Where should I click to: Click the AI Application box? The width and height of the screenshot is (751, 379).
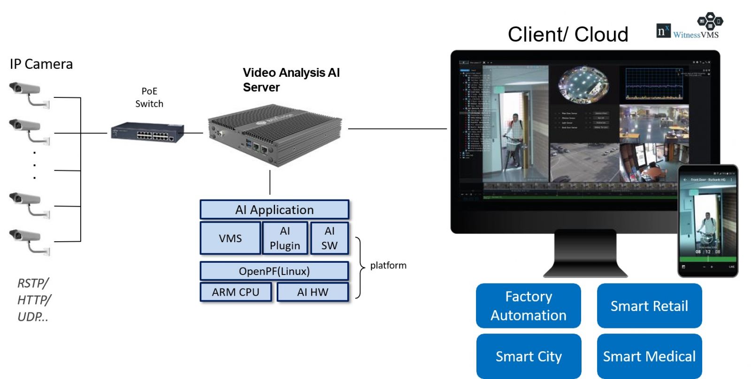(x=274, y=210)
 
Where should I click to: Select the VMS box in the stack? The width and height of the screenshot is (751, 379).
(x=230, y=238)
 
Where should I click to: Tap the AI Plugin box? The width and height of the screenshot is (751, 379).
(x=285, y=238)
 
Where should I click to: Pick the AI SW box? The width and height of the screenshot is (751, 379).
(x=330, y=238)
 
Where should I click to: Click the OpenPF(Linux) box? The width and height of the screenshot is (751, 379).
(x=274, y=271)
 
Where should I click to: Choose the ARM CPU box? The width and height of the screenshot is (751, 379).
(x=236, y=292)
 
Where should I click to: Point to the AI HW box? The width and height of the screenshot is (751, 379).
(x=313, y=292)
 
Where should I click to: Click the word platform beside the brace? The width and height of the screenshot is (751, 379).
(x=388, y=266)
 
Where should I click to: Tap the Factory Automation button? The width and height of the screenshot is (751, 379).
(x=529, y=306)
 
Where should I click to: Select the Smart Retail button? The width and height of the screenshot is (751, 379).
(x=649, y=306)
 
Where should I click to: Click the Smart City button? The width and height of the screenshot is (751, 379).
(x=529, y=357)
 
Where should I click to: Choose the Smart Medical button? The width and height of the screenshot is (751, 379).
(x=649, y=357)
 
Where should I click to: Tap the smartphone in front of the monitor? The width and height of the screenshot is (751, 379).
(x=708, y=220)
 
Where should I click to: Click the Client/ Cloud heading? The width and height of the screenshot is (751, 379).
(x=568, y=35)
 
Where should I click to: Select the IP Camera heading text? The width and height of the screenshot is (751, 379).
(x=41, y=64)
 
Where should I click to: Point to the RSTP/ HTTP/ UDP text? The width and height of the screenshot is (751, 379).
(x=33, y=300)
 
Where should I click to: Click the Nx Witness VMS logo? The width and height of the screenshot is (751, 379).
(x=689, y=28)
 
